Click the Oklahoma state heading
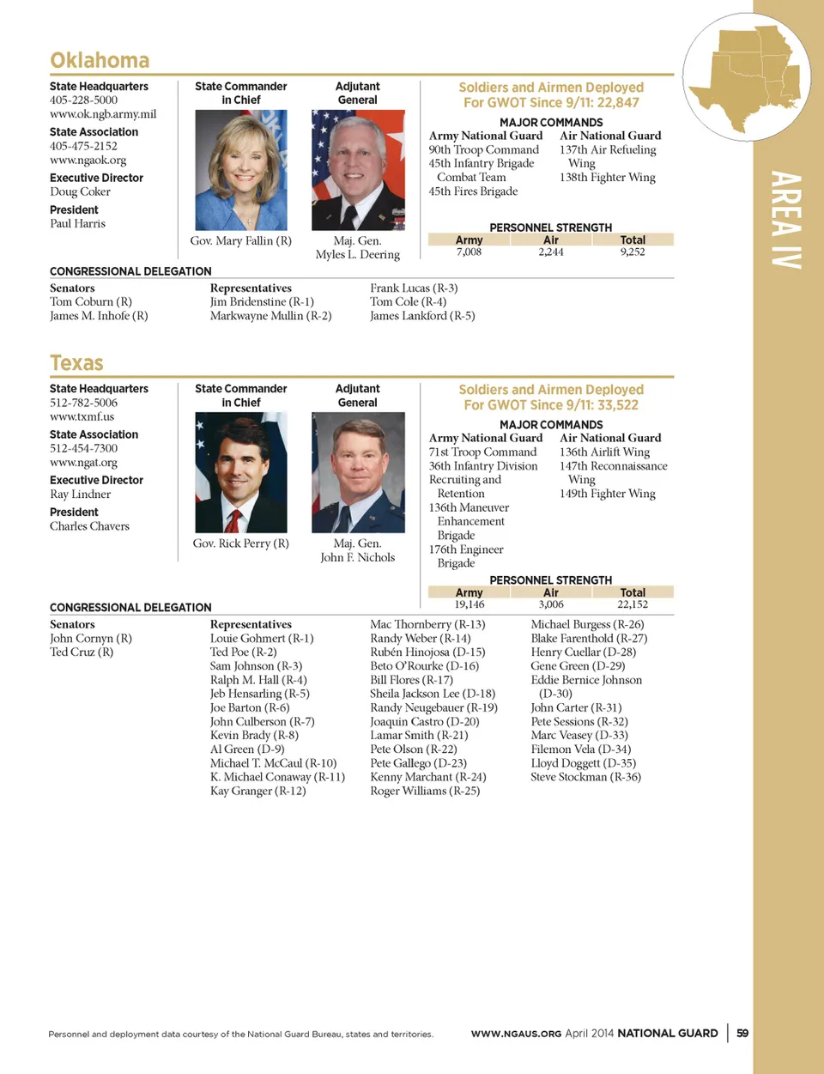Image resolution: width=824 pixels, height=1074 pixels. [x=100, y=60]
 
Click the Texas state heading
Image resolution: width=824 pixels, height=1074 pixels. [x=76, y=363]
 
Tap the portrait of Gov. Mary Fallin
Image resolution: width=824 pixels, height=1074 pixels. [x=241, y=170]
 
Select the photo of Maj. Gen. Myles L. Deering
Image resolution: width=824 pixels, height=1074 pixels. [x=358, y=170]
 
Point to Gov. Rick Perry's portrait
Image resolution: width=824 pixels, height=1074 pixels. [x=241, y=472]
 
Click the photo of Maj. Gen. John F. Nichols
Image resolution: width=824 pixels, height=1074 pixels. [x=358, y=472]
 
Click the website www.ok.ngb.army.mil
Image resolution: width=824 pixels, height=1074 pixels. [x=103, y=114]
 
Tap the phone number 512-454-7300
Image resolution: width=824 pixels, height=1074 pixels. [x=83, y=448]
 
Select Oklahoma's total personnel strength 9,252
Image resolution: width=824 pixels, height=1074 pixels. [x=633, y=252]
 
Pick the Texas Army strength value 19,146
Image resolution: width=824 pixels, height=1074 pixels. [x=470, y=605]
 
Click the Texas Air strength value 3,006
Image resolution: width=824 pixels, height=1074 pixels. [x=551, y=605]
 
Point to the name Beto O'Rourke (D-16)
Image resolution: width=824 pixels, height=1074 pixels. [x=424, y=666]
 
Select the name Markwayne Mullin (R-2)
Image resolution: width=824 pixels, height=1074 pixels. [x=270, y=316]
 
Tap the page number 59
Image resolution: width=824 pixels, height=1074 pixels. [x=742, y=1034]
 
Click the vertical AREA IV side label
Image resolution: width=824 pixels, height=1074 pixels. [x=786, y=220]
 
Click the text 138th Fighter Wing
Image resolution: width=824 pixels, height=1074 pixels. [x=607, y=178]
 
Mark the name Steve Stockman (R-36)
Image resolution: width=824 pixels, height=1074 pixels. [x=585, y=777]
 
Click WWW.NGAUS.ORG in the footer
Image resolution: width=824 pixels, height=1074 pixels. [x=516, y=1034]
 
